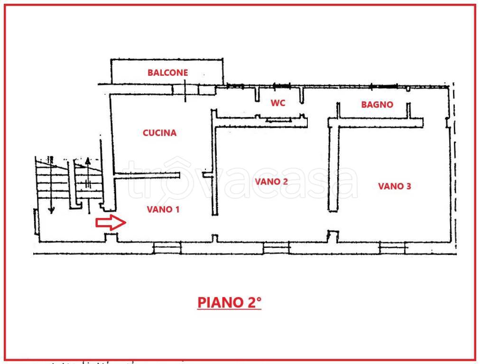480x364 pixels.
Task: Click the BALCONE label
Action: click(x=167, y=73)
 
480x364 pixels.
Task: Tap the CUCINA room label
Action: click(x=159, y=133)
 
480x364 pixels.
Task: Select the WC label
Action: click(x=278, y=103)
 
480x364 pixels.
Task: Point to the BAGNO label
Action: click(x=377, y=105)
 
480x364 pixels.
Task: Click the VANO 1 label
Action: click(x=163, y=209)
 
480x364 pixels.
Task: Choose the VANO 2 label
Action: click(x=271, y=182)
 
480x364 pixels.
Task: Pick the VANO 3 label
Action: click(x=394, y=186)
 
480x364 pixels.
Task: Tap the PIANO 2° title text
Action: click(x=229, y=302)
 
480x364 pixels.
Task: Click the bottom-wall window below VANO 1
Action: click(x=167, y=247)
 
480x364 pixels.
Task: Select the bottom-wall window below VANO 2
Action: click(x=277, y=247)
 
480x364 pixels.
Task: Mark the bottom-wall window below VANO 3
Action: click(x=393, y=247)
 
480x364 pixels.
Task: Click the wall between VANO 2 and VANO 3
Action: click(x=333, y=171)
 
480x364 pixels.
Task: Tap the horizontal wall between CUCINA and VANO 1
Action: click(x=147, y=176)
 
